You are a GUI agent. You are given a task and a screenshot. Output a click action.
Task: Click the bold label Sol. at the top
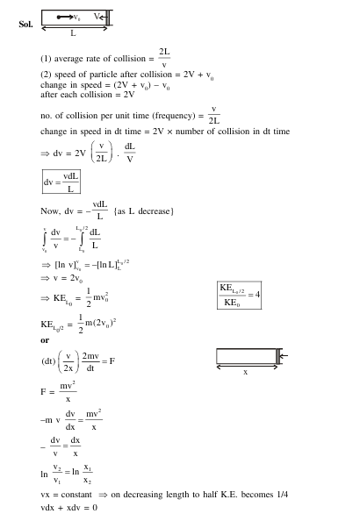tap(25, 24)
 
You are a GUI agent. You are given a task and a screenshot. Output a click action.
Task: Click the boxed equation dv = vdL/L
tap(61, 182)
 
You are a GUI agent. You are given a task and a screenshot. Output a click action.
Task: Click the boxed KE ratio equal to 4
tap(239, 296)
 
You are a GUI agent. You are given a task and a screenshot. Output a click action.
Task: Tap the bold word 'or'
tap(45, 340)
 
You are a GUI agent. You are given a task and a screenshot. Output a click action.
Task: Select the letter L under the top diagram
tap(73, 34)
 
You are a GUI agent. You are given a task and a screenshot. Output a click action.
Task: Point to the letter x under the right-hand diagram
tap(245, 372)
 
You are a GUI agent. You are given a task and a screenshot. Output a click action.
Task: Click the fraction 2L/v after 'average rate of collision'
tap(164, 58)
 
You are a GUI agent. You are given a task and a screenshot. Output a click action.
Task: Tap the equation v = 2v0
tap(65, 279)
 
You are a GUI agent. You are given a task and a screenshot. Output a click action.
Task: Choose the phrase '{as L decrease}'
tap(145, 211)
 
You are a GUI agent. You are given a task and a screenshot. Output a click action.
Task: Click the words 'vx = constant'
tap(67, 495)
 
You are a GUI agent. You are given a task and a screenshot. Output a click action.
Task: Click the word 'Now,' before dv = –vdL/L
tap(50, 211)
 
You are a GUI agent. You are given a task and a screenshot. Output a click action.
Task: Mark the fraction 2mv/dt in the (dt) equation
tap(90, 361)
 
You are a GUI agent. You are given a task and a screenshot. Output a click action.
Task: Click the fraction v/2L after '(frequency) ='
tap(213, 116)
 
